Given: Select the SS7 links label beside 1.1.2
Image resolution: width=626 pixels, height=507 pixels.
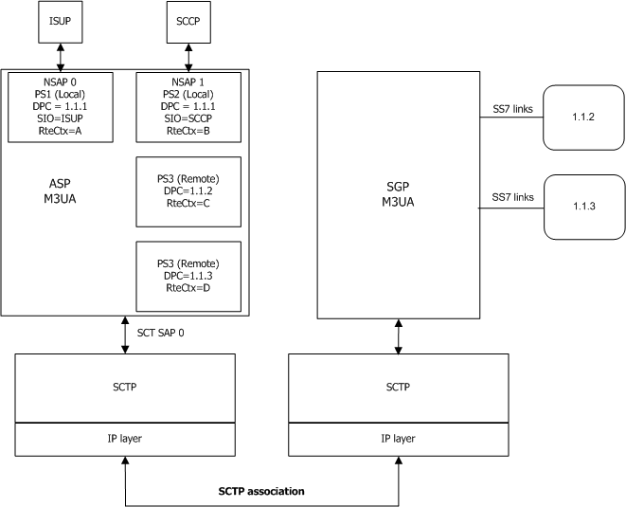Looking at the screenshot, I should (510, 111).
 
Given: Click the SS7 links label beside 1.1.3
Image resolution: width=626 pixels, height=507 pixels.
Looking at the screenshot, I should (510, 195).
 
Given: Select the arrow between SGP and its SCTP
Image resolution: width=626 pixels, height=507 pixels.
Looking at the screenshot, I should (397, 335).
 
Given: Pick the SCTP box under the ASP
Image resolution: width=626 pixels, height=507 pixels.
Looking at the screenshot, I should (125, 389).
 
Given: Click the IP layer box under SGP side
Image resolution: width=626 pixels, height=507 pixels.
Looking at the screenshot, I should (397, 440).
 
